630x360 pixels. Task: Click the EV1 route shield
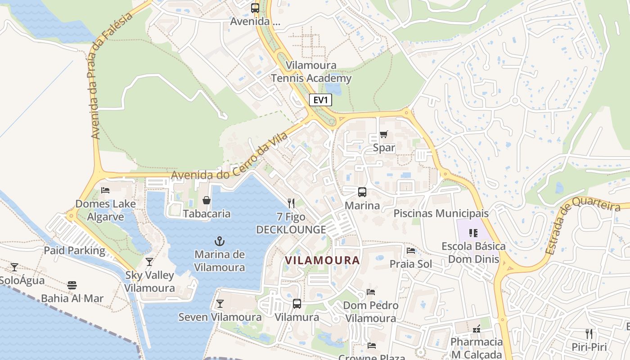(320, 100)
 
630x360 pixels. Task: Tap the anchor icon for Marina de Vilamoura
(220, 241)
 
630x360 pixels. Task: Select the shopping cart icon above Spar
(383, 134)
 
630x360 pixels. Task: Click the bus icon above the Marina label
(362, 192)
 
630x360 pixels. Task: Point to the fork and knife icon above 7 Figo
(291, 203)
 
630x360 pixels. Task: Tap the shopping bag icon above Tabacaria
(207, 200)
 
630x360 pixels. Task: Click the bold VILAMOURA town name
(323, 260)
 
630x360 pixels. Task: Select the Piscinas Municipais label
(441, 213)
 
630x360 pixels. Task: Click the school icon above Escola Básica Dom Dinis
(473, 233)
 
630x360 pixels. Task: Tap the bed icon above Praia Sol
(411, 250)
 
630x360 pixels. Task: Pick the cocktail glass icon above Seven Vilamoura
(220, 304)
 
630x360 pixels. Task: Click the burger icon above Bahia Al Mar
(72, 285)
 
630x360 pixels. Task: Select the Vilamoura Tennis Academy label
(311, 72)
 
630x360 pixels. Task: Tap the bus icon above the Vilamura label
(297, 304)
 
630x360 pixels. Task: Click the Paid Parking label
(74, 251)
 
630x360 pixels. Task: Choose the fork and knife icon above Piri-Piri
(589, 333)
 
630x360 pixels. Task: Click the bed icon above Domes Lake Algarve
(105, 190)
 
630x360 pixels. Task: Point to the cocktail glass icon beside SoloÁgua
(14, 267)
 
